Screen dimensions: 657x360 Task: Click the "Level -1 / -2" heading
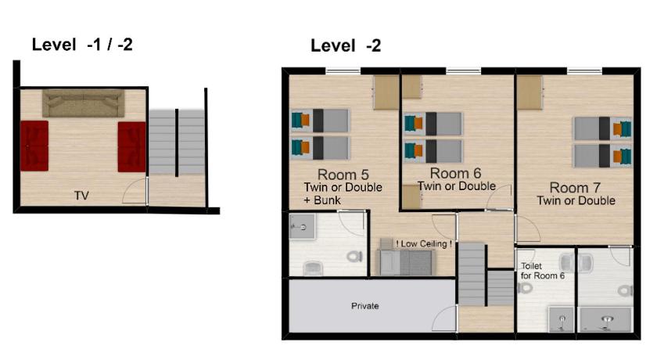coord(82,45)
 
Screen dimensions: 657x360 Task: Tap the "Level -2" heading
coord(346,45)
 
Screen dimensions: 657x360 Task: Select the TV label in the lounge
coord(81,196)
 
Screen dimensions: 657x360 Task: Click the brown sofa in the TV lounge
coord(84,103)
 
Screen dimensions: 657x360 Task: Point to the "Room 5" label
coord(343,175)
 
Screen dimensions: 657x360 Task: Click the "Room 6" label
coord(455,173)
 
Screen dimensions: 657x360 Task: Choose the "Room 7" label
coord(575,187)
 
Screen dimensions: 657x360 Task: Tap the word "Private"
coord(365,306)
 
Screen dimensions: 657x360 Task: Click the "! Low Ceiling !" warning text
coord(424,244)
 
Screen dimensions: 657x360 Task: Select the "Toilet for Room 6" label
coord(543,271)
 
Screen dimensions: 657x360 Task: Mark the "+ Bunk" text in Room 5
coord(322,200)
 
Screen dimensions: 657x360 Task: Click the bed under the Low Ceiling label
coord(405,261)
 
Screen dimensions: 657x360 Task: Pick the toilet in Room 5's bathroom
coord(354,256)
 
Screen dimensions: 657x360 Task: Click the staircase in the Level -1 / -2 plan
coord(177,142)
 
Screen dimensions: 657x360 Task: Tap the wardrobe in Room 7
coord(530,92)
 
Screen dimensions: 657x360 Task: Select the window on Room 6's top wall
coord(463,71)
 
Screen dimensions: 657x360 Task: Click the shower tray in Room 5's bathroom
coord(302,226)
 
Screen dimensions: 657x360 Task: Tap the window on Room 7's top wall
coord(584,71)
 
